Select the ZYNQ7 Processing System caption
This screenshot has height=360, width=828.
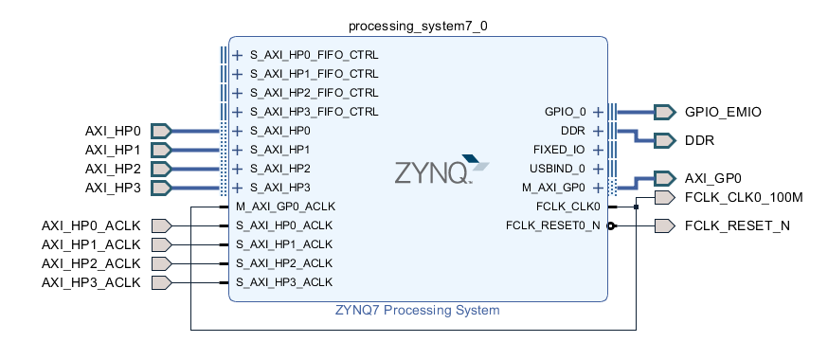417,310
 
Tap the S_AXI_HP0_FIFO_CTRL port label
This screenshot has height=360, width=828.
314,55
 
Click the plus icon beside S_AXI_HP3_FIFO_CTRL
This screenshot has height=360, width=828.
238,112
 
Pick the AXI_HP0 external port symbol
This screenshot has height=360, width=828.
161,131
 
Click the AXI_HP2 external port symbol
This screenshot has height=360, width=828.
161,169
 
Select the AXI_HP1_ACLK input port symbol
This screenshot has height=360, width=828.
161,244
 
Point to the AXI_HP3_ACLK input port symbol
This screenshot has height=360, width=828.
161,282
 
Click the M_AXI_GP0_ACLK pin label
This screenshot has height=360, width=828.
292,207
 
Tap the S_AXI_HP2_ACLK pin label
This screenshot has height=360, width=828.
291,263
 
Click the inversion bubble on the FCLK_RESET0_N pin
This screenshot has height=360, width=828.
611,225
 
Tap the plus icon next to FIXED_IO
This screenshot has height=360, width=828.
598,150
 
